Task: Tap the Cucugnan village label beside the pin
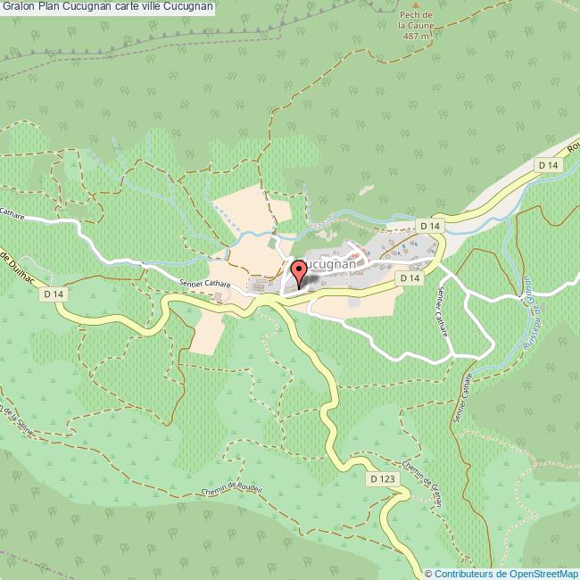332,265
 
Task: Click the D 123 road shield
381,479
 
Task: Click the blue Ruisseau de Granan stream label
526,295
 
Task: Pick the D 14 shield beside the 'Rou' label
548,165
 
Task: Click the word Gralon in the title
18,7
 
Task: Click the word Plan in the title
51,7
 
